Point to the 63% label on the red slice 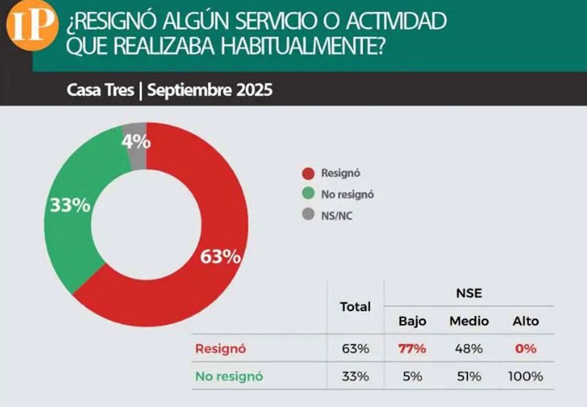tap(221, 257)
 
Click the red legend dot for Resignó tap(307, 173)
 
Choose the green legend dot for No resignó tap(307, 194)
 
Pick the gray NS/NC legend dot tap(307, 216)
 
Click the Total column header tap(355, 307)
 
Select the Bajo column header tap(412, 321)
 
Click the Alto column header tap(525, 321)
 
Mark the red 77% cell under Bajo tap(412, 349)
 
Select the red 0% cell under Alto tap(525, 349)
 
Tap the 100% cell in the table tap(525, 376)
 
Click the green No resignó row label tap(229, 376)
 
